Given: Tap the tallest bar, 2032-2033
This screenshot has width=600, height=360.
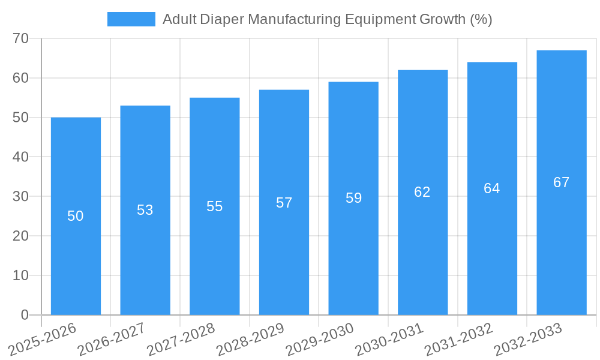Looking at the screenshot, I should coord(561,240).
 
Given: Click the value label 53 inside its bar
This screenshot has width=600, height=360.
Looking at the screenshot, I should coord(145,210).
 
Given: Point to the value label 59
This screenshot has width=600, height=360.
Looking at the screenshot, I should coord(353,198).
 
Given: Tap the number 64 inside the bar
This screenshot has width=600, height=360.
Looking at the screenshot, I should coord(491,188).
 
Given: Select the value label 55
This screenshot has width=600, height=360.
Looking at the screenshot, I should coord(214,206).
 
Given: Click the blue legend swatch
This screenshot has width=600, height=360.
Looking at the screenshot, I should coord(131,19).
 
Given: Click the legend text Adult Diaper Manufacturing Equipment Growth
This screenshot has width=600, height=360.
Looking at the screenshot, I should coord(327,19).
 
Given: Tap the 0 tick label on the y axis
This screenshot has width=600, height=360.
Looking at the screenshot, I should coord(25,315).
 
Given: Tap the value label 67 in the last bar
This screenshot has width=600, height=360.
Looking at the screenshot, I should coord(561,182).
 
